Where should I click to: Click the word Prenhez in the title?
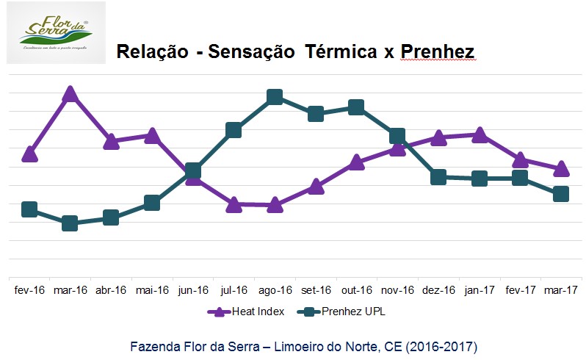click(x=438, y=51)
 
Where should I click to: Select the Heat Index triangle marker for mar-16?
click(x=70, y=94)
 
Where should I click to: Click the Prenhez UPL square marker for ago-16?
click(x=275, y=97)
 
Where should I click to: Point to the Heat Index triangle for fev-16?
click(x=29, y=154)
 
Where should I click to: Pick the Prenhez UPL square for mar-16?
click(x=70, y=223)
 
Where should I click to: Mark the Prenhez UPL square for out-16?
click(x=356, y=107)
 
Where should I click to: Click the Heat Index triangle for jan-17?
click(x=480, y=134)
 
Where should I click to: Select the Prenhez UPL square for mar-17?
click(x=561, y=194)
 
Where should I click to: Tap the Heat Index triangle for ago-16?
click(x=275, y=206)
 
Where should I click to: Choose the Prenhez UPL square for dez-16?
click(x=438, y=176)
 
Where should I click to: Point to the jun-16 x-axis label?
click(x=193, y=290)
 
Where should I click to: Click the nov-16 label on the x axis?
click(x=397, y=290)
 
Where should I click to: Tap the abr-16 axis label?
click(x=112, y=290)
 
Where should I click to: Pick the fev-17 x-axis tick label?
click(x=520, y=290)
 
